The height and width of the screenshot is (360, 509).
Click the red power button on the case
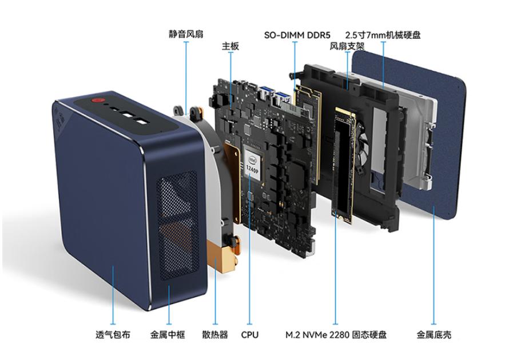(x=97, y=100)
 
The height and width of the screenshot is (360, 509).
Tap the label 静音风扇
(x=186, y=34)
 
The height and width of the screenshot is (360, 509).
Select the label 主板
(x=230, y=46)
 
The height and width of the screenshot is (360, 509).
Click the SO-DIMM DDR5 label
(x=297, y=35)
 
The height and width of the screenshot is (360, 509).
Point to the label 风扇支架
(x=347, y=46)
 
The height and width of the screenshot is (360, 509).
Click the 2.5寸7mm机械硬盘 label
(x=383, y=35)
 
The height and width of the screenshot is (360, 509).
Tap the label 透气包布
(x=113, y=334)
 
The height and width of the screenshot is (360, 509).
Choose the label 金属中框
(x=168, y=334)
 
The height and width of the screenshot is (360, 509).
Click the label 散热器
(x=215, y=334)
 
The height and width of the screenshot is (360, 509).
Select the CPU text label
(x=250, y=335)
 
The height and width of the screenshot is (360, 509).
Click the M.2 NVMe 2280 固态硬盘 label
(x=336, y=334)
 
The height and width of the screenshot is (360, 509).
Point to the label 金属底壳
(x=434, y=334)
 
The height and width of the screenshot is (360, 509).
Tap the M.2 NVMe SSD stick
(x=344, y=165)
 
